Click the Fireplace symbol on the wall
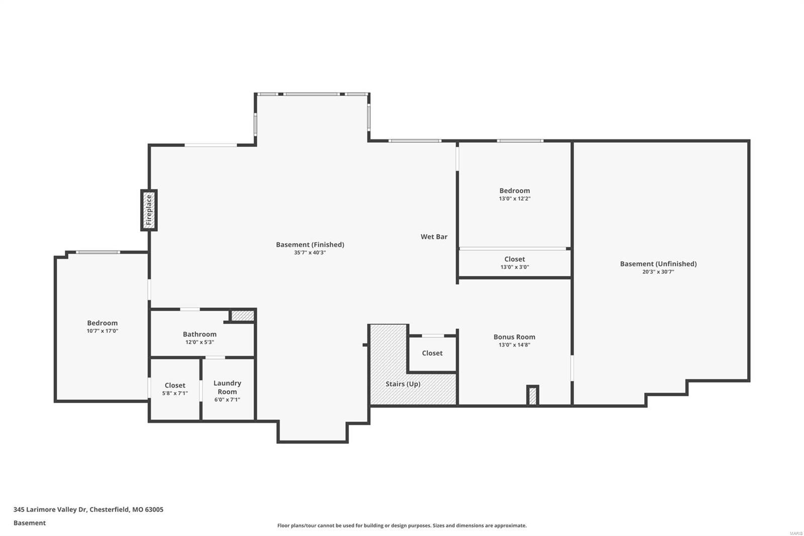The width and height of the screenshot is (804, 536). tap(149, 210)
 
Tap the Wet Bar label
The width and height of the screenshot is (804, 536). tap(434, 237)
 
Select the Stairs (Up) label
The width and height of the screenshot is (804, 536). tap(403, 384)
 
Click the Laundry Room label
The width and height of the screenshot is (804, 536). tap(227, 387)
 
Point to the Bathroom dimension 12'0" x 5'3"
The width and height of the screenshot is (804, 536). tap(199, 342)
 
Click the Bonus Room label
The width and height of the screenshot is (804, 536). tap(514, 337)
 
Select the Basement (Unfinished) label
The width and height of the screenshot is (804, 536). tap(658, 263)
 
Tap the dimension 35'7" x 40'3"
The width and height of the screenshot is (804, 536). tap(310, 253)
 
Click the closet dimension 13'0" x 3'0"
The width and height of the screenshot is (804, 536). tap(514, 267)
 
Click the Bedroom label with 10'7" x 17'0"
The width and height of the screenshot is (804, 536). tap(102, 323)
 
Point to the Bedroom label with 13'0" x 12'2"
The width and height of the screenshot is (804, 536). tap(514, 191)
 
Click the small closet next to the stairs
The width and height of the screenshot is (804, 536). tap(432, 353)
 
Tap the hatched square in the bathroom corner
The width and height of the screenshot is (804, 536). tap(243, 315)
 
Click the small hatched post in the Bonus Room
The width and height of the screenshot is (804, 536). tap(533, 395)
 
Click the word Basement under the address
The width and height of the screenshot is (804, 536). tap(29, 523)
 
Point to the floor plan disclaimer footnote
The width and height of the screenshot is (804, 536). tap(401, 525)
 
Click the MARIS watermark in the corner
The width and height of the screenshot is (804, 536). tap(795, 532)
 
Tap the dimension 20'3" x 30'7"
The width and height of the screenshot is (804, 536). tap(658, 272)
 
